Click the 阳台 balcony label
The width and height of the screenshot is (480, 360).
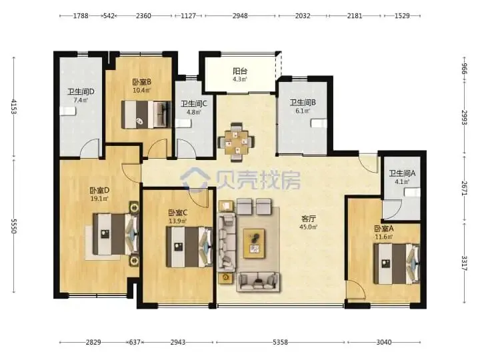click(x=240, y=71)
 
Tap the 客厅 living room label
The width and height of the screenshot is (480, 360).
click(x=309, y=219)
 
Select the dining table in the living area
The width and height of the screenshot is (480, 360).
click(x=236, y=142)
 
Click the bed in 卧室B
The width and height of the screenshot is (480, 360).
click(x=146, y=115)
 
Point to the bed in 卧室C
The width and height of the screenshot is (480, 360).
click(x=189, y=247)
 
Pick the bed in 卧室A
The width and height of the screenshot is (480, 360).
click(x=397, y=264)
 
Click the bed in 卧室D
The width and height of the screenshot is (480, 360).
click(x=116, y=234)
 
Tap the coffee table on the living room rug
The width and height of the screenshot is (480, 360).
click(x=254, y=243)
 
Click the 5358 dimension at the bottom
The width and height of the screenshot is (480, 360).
click(x=281, y=342)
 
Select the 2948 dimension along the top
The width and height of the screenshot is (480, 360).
click(x=240, y=15)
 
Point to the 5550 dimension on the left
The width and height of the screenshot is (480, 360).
click(x=13, y=226)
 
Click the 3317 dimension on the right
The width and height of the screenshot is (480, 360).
click(x=465, y=263)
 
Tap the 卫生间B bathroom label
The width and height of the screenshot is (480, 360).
click(x=303, y=103)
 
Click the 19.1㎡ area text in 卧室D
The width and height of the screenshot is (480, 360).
click(x=99, y=199)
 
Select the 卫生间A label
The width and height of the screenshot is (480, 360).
click(x=402, y=173)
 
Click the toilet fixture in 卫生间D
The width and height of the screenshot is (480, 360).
click(x=67, y=111)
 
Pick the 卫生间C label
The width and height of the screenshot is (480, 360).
click(x=194, y=104)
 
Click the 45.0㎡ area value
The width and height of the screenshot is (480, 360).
click(x=309, y=227)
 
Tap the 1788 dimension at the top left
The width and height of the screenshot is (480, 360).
click(x=81, y=15)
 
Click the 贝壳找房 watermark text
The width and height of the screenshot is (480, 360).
click(x=259, y=180)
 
